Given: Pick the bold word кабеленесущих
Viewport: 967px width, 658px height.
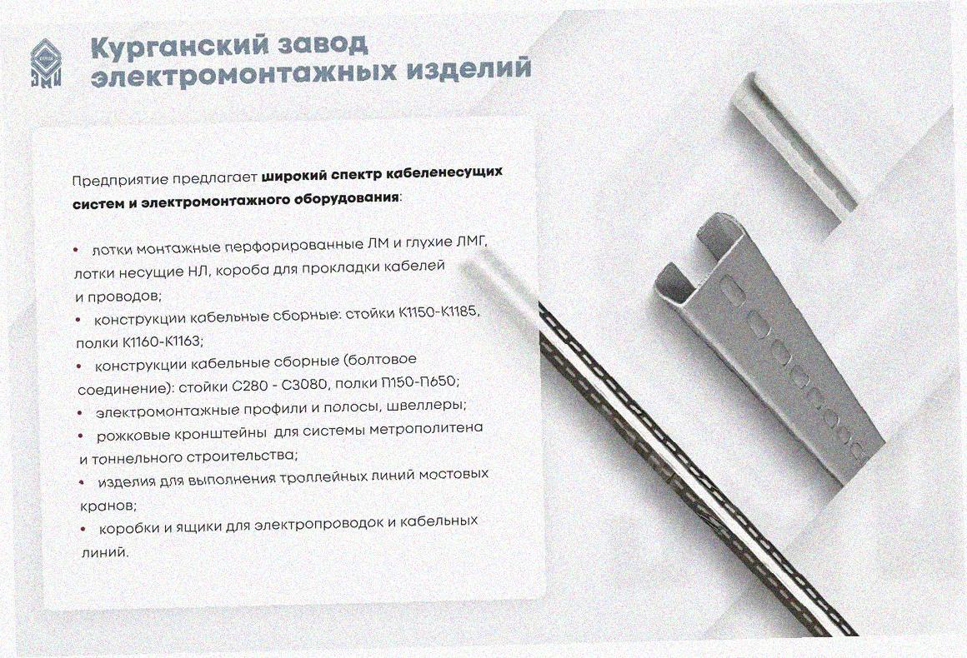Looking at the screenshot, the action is tap(443, 173).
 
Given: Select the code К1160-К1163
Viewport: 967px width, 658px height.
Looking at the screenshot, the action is tap(163, 341).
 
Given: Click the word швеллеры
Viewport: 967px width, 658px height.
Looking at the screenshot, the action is tap(432, 406).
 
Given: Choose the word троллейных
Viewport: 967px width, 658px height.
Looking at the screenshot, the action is tap(323, 478).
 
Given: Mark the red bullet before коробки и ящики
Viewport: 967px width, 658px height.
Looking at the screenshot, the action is tap(84, 529).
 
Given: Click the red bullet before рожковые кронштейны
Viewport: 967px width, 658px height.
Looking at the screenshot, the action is tap(81, 436).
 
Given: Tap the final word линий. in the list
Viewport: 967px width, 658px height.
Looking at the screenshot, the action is tap(105, 552).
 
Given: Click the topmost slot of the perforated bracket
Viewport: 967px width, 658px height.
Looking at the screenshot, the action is tap(734, 290).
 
